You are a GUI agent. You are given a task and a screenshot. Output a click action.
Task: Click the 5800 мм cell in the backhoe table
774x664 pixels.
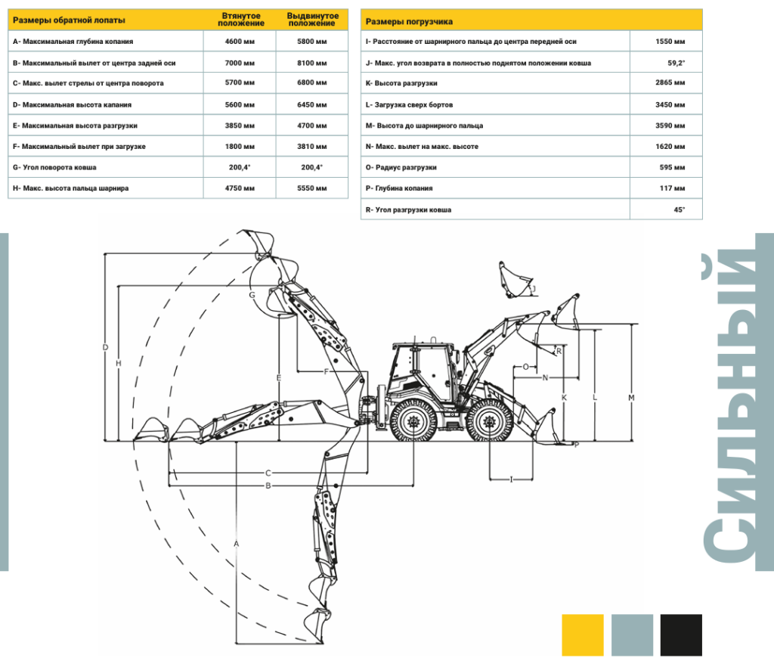(311, 42)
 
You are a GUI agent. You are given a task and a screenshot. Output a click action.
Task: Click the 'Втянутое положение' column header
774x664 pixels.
(240, 20)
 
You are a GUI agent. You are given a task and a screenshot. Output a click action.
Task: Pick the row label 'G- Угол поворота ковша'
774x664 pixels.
(59, 167)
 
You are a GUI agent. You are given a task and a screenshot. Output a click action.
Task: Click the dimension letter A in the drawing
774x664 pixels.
(237, 544)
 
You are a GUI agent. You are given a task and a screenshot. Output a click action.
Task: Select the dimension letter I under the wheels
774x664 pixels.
(512, 479)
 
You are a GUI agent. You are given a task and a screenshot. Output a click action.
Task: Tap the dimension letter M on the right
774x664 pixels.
(631, 398)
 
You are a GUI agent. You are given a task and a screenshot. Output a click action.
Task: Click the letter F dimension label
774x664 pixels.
(326, 371)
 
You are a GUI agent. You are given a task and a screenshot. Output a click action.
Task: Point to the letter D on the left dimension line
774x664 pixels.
(105, 348)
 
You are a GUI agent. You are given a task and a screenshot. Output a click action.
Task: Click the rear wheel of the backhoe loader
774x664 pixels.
(413, 420)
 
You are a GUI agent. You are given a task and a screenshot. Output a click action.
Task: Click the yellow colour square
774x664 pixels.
(583, 635)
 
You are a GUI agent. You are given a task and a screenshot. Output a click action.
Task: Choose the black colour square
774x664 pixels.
(680, 635)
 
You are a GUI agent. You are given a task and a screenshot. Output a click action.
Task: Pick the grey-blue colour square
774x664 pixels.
(632, 635)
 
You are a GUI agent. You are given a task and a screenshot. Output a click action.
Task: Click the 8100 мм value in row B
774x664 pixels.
(311, 63)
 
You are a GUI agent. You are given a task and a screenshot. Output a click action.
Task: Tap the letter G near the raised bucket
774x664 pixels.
(252, 294)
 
